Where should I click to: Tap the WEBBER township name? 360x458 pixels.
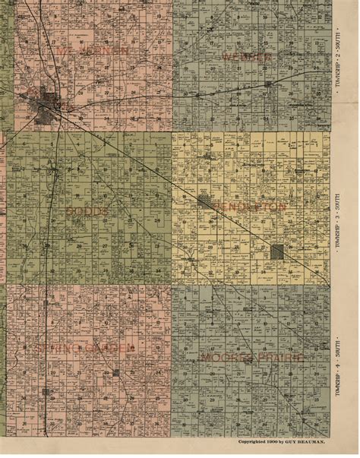tap(247, 57)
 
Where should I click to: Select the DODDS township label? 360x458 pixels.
tap(87, 210)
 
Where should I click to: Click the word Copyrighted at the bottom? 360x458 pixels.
tap(251, 441)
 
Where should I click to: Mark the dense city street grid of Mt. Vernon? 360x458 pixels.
tap(51, 101)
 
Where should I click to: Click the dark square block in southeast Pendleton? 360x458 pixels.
tap(278, 251)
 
